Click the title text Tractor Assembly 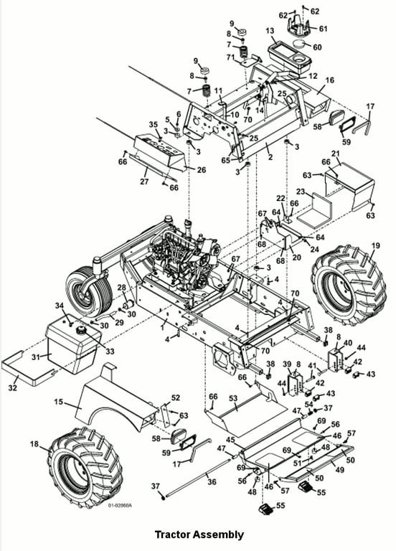(x=199, y=534)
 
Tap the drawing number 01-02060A (x=120, y=505)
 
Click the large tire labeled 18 (x=85, y=467)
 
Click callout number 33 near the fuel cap (x=110, y=351)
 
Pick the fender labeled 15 (x=116, y=404)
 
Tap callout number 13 (x=270, y=31)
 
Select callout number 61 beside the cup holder (x=323, y=29)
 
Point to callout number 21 (x=336, y=154)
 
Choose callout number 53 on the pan (x=233, y=398)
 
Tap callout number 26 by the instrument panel (x=202, y=170)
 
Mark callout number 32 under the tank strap (x=14, y=388)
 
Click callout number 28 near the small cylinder (x=121, y=288)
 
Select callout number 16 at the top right (x=329, y=80)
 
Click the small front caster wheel (x=88, y=291)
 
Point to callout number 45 (x=230, y=439)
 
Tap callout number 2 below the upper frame (x=270, y=156)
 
